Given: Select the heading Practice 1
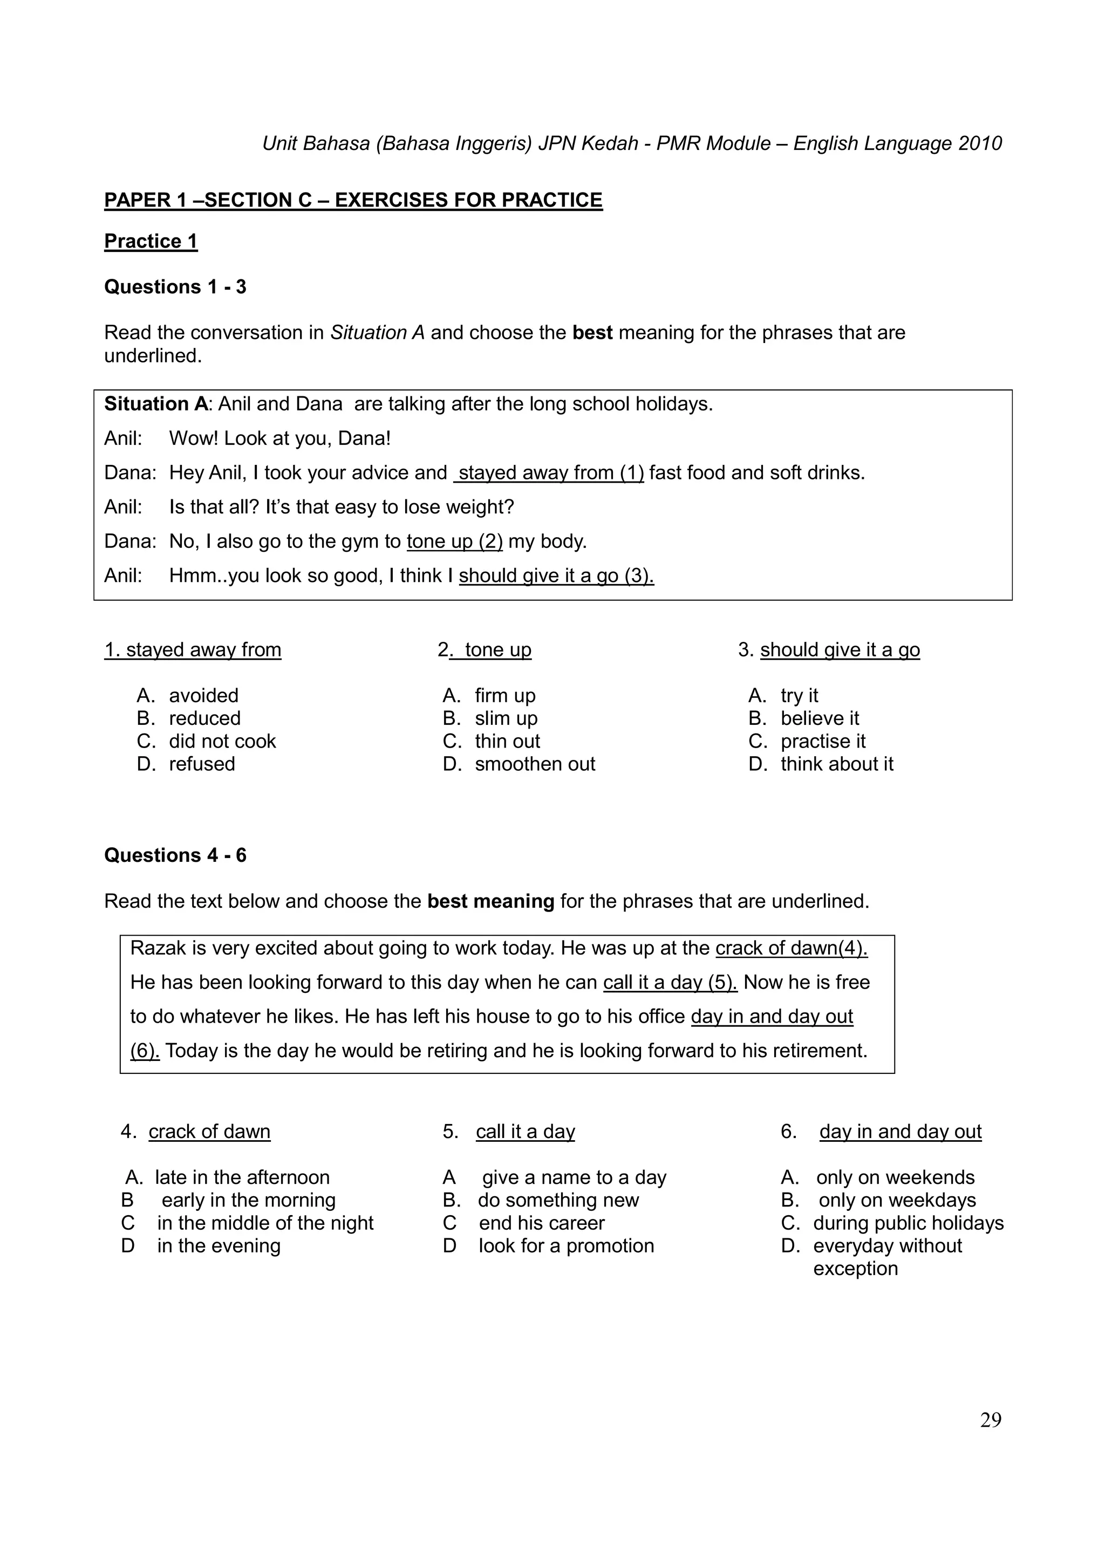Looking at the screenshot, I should click(151, 241).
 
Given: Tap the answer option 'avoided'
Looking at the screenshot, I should click(203, 695).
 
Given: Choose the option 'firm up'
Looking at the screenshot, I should click(504, 695).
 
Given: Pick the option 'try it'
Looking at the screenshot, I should click(799, 695).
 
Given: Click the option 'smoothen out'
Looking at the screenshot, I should click(535, 764).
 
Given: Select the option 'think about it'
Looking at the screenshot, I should click(837, 764).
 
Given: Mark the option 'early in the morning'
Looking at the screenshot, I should click(249, 1199).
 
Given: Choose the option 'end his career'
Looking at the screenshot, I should click(541, 1223).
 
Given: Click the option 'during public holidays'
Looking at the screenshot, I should click(908, 1223).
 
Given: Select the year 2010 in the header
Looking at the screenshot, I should click(980, 143).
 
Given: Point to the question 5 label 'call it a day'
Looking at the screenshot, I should click(525, 1132).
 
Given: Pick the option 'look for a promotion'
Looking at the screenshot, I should click(566, 1246).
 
